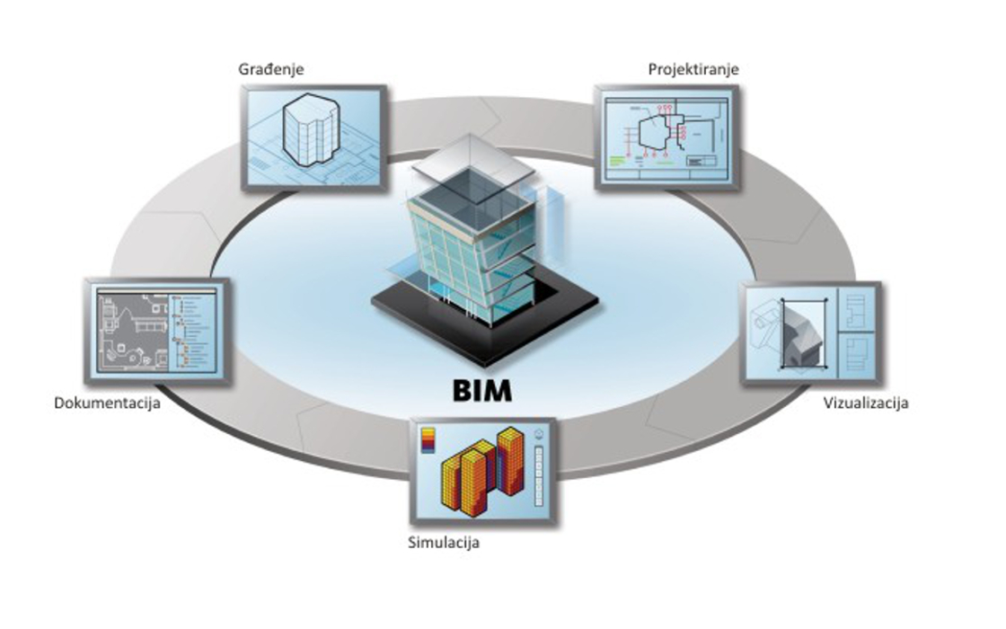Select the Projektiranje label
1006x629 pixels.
687,69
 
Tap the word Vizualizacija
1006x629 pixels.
866,403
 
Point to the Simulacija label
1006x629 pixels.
444,543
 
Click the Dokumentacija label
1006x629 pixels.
107,403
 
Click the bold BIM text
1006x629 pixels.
481,391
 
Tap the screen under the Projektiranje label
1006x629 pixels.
666,137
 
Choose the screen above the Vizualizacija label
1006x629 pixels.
810,333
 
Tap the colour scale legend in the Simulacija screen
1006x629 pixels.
428,438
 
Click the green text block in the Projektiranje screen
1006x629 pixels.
625,161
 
